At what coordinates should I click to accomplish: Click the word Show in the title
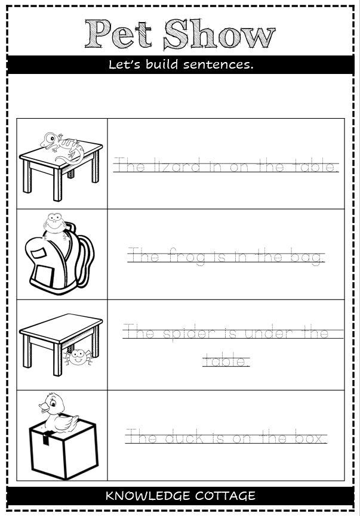coord(219,35)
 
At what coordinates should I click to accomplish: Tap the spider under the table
coord(76,357)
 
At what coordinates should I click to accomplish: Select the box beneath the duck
coord(63,450)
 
